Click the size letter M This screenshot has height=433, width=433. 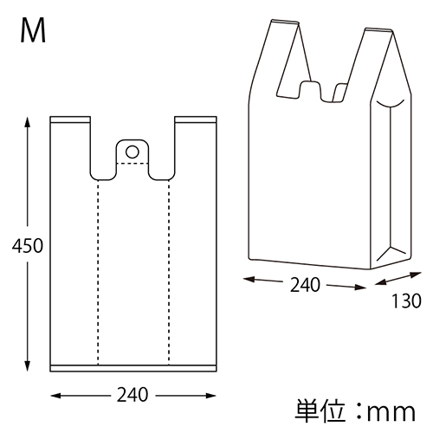pos(33,32)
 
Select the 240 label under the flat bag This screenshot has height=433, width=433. pos(132,396)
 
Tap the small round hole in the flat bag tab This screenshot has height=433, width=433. pos(132,152)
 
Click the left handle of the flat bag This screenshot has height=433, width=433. pos(72,143)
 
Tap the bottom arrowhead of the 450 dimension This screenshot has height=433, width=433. pos(28,369)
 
